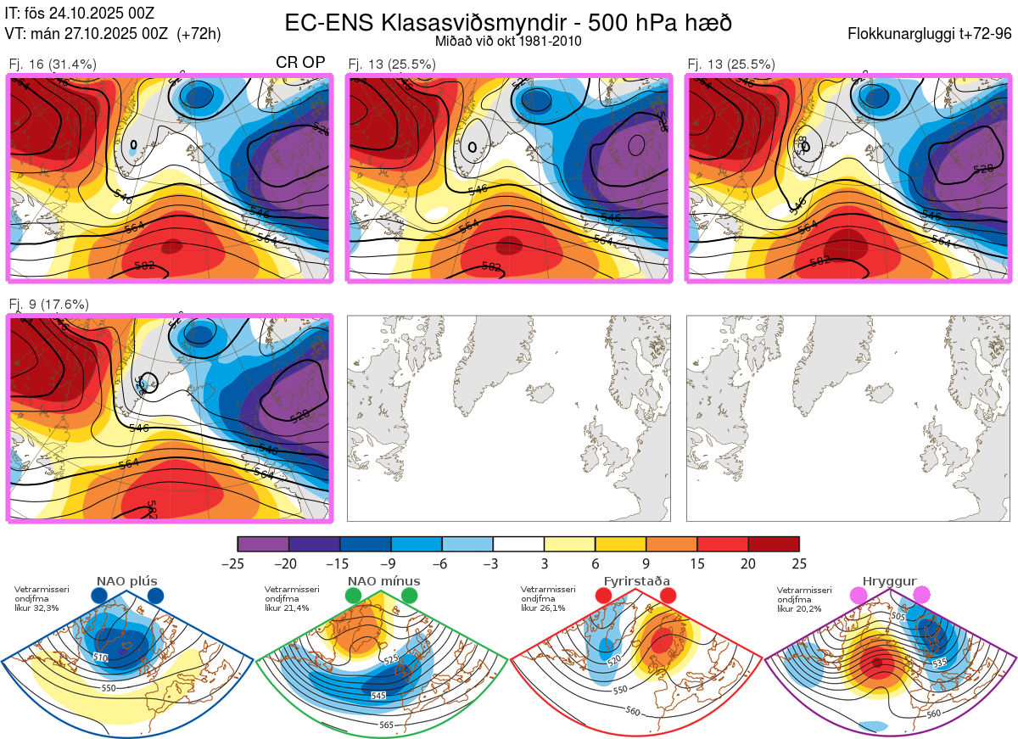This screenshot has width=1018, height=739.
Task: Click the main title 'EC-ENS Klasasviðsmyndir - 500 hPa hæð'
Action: [x=508, y=23]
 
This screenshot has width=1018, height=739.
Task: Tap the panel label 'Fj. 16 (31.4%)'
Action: [x=53, y=64]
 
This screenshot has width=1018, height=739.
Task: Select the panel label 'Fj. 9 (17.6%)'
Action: [x=49, y=304]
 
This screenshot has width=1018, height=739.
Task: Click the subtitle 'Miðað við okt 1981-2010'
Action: [x=508, y=41]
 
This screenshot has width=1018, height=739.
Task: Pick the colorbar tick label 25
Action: [x=799, y=563]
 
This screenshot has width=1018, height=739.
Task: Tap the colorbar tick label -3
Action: [x=493, y=563]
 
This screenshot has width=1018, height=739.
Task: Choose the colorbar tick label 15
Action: [x=696, y=563]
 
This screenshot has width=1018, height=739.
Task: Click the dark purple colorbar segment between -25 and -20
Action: [x=263, y=544]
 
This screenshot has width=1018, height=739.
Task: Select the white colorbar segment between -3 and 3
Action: [x=518, y=544]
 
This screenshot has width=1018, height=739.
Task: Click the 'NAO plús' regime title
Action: [x=127, y=581]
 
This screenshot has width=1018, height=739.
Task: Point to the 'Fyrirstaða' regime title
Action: [x=636, y=581]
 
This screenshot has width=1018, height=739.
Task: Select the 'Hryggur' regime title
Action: [x=889, y=581]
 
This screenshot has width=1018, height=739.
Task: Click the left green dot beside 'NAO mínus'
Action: [x=354, y=596]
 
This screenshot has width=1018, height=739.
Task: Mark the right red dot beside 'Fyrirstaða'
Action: [x=668, y=596]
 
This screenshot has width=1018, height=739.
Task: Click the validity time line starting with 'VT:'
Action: [x=113, y=34]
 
